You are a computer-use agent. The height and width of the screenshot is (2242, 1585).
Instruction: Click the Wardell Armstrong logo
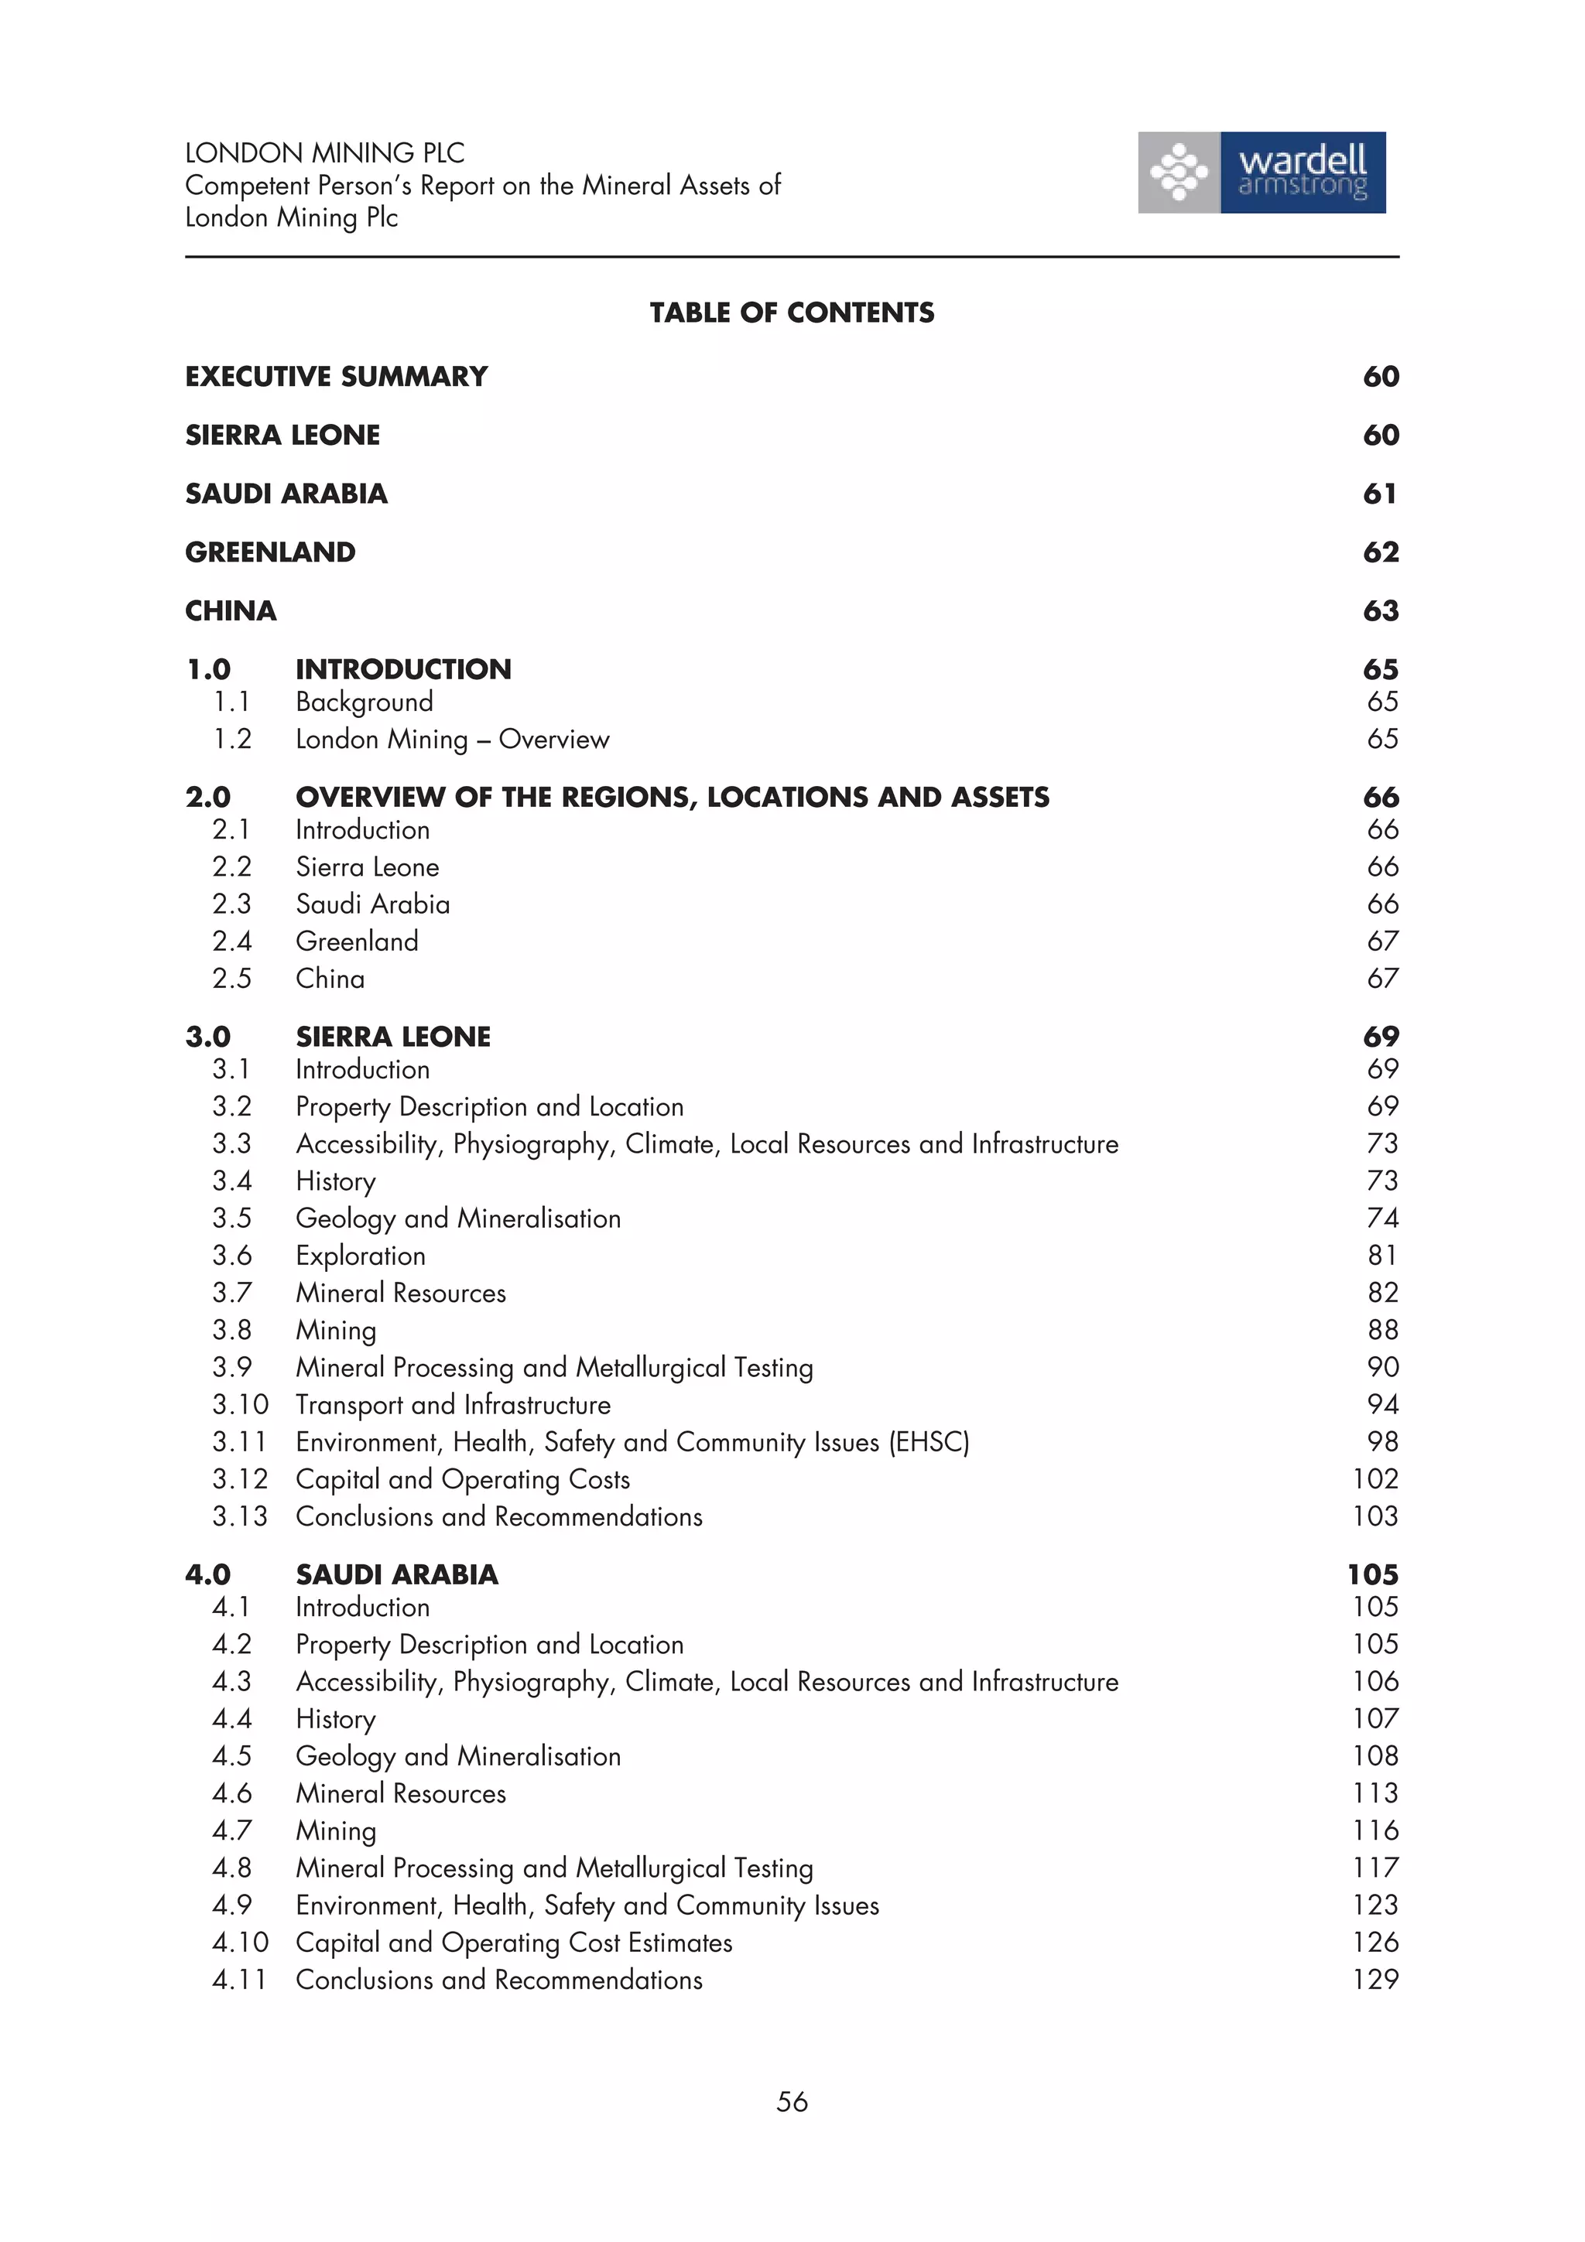1261,172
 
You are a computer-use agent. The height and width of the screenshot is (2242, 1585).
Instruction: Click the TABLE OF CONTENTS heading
791,313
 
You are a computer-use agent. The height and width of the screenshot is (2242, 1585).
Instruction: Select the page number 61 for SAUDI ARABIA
1379,494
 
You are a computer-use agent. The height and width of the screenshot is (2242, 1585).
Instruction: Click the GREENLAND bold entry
271,552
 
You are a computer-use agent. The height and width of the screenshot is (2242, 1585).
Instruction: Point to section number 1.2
232,739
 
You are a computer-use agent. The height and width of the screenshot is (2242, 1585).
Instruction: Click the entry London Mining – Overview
452,739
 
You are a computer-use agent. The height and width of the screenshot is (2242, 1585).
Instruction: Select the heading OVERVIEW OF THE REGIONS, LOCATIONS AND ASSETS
672,798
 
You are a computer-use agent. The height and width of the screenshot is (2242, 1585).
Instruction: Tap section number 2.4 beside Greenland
232,942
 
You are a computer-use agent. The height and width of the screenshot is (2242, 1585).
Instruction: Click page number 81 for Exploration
1382,1256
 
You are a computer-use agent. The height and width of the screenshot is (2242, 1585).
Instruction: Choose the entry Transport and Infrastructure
454,1405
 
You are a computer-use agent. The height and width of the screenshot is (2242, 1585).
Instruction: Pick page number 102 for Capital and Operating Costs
1375,1479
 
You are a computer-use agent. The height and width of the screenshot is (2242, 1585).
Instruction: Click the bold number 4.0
208,1575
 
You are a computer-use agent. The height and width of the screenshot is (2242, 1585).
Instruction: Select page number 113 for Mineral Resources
1375,1794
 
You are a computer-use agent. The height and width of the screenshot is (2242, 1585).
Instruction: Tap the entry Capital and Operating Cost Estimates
514,1943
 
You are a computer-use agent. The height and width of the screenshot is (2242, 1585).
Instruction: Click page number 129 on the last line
1375,1981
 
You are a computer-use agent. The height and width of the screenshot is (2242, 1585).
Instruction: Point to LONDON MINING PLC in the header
324,153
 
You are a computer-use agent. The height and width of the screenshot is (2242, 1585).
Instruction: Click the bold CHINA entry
231,611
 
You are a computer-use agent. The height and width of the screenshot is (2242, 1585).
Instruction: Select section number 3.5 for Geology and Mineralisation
232,1218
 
